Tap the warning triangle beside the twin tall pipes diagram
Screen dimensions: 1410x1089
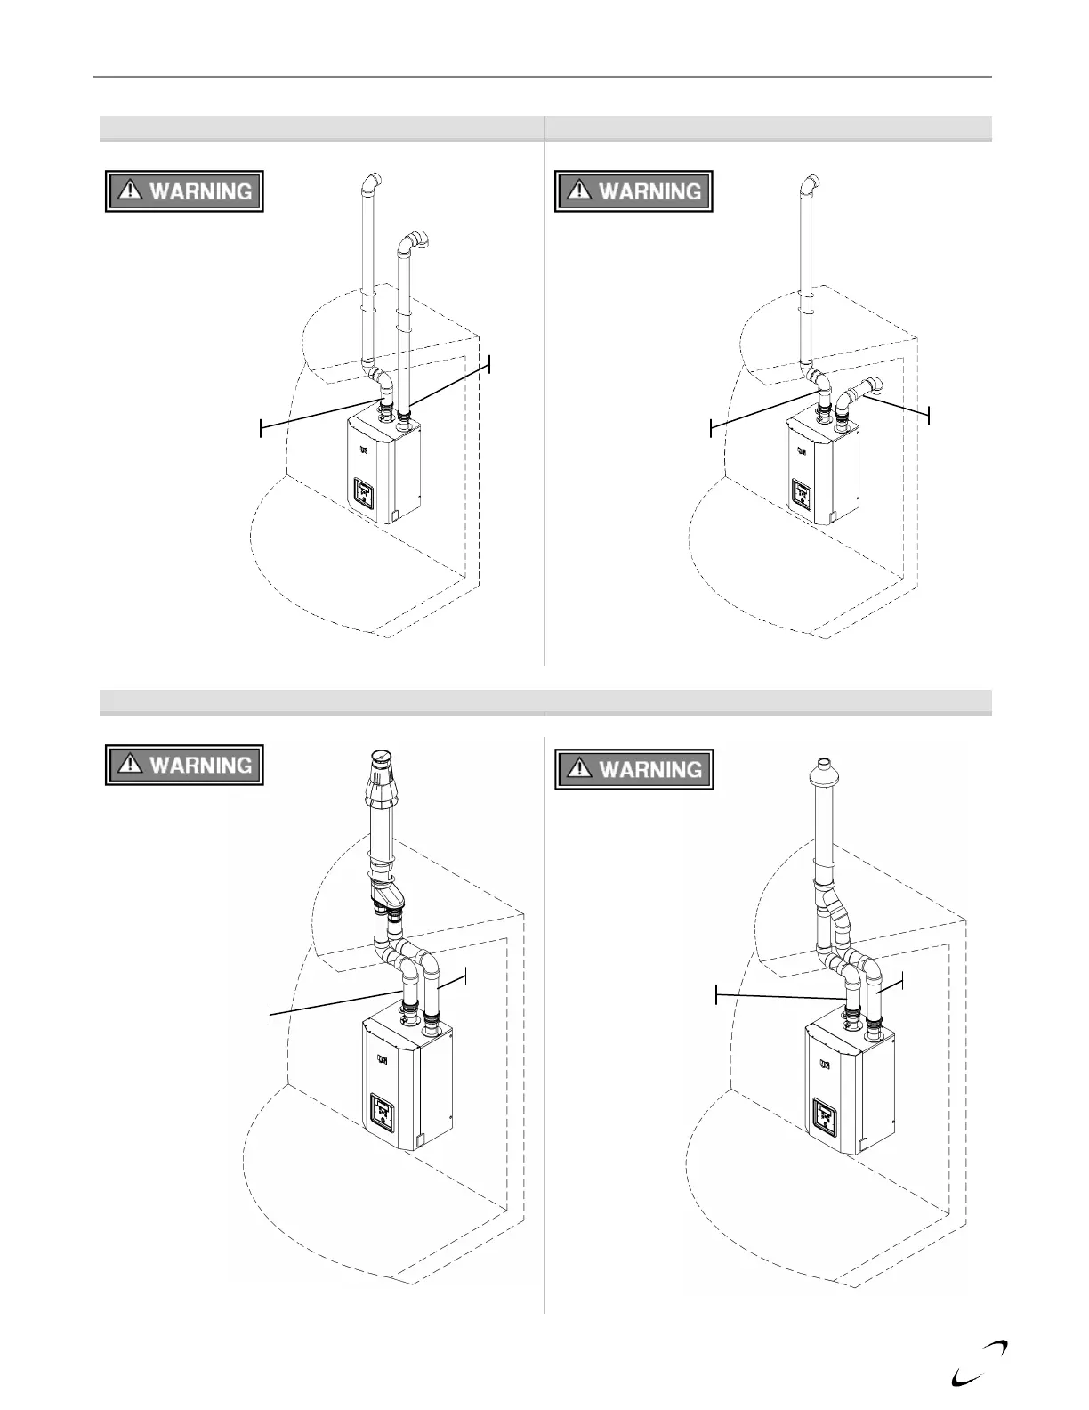pos(132,190)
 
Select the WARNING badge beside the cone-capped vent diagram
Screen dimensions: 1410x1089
pos(184,765)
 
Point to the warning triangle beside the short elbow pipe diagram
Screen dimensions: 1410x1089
pos(581,190)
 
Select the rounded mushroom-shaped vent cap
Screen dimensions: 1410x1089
pos(824,771)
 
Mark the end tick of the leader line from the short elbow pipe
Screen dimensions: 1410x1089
pos(929,415)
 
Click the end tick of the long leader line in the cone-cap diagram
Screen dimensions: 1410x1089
pos(270,1013)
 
